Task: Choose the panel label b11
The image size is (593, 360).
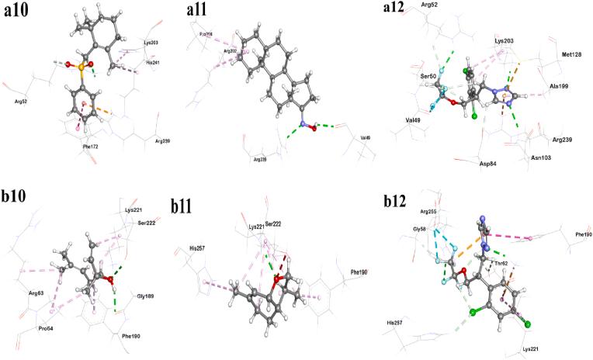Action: pos(187,205)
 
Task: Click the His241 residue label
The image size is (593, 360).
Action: pos(154,63)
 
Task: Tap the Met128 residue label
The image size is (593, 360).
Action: pos(571,54)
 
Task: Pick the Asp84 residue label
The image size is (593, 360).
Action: pos(487,164)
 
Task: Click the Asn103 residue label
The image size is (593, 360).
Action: pos(540,158)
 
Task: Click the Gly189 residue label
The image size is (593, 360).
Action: pos(146,296)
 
